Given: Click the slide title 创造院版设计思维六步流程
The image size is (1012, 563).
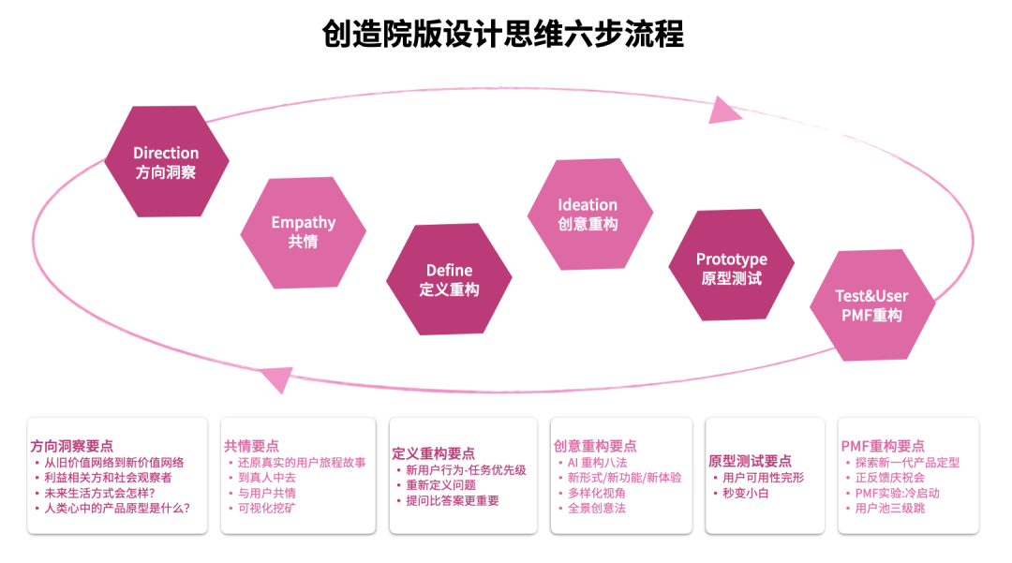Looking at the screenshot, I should coord(503,35).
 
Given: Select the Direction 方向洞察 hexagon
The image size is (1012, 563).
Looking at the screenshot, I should coord(166,162).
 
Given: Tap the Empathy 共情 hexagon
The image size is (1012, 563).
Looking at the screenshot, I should coord(303,231).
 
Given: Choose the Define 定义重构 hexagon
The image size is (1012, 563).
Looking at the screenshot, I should coord(449,279).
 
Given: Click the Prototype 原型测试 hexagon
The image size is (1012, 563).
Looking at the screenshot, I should coord(731,268).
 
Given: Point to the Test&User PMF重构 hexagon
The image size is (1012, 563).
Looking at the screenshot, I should coord(871,305).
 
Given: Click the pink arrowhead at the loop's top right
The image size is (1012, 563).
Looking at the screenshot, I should coord(724,111).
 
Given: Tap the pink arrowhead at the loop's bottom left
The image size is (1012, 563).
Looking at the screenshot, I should coord(277,378).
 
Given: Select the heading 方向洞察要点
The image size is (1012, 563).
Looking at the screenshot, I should coord(71,447).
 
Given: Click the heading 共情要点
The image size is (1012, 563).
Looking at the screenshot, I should coord(251,446).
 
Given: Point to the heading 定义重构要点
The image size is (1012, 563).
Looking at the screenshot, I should coord(433,453).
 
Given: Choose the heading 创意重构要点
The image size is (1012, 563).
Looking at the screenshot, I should coord(595,446).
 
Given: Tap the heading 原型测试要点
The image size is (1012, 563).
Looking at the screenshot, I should coord(750,461).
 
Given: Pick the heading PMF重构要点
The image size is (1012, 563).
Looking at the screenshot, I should coord(883,446).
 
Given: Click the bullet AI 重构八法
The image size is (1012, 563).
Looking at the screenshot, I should coord(597,462).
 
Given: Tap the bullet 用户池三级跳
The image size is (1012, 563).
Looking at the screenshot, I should coord(889,508).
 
